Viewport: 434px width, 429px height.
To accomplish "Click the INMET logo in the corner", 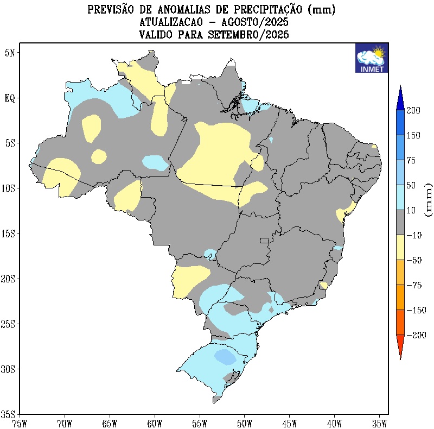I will coord(371,58).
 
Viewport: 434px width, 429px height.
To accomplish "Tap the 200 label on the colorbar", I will coord(414,110).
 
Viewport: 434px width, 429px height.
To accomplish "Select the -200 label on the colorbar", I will coord(416,335).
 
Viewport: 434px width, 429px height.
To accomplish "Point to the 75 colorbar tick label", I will coord(412,160).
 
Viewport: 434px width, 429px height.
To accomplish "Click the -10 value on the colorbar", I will coord(414,235).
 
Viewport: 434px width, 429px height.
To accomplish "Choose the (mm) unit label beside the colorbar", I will coord(429,200).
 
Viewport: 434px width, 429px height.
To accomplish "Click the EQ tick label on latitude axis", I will coord(10,98).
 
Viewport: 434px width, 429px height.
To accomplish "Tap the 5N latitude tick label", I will coord(10,53).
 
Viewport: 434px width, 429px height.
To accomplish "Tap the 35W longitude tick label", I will coord(379,422).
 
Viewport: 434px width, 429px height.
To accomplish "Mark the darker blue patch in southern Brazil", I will coord(225,356).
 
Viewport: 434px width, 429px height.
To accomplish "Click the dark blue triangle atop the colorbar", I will coord(400,97).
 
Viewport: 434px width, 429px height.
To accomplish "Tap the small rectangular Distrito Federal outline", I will coord(265,240).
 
